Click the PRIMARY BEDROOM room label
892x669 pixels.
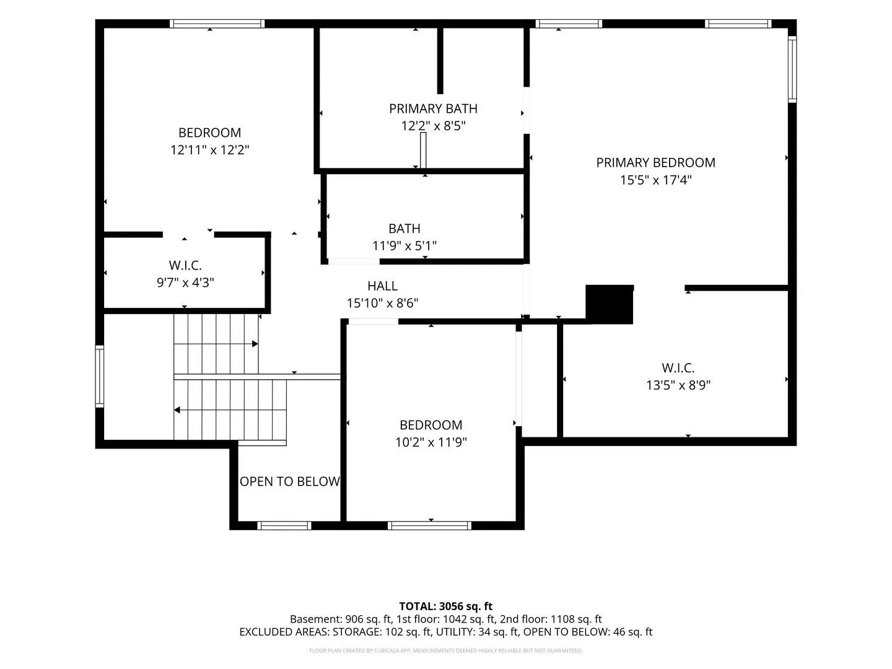[x=655, y=162]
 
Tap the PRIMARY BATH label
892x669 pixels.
[x=433, y=109]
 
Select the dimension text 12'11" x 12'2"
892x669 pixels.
[x=209, y=150]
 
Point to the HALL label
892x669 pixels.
[x=382, y=286]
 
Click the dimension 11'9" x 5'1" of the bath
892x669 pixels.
[x=404, y=245]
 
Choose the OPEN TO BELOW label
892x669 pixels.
[x=289, y=481]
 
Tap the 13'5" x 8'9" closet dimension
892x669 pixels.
[x=678, y=385]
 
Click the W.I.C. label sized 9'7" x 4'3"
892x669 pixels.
[x=185, y=265]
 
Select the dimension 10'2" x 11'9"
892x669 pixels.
[x=431, y=442]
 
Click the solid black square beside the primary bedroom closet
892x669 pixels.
[x=609, y=304]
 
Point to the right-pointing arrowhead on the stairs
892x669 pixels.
[x=255, y=344]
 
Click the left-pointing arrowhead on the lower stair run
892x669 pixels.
[x=177, y=410]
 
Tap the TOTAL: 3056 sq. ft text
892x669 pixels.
[x=445, y=606]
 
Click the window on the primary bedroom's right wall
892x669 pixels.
[x=792, y=69]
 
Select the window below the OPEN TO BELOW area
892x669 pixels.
[x=284, y=526]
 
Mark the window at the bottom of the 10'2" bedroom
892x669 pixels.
[x=429, y=526]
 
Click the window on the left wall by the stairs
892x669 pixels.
[x=100, y=376]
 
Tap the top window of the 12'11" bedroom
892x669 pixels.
[x=217, y=24]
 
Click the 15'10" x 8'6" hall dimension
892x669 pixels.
[x=382, y=303]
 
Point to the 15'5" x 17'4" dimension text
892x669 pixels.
[x=655, y=180]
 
